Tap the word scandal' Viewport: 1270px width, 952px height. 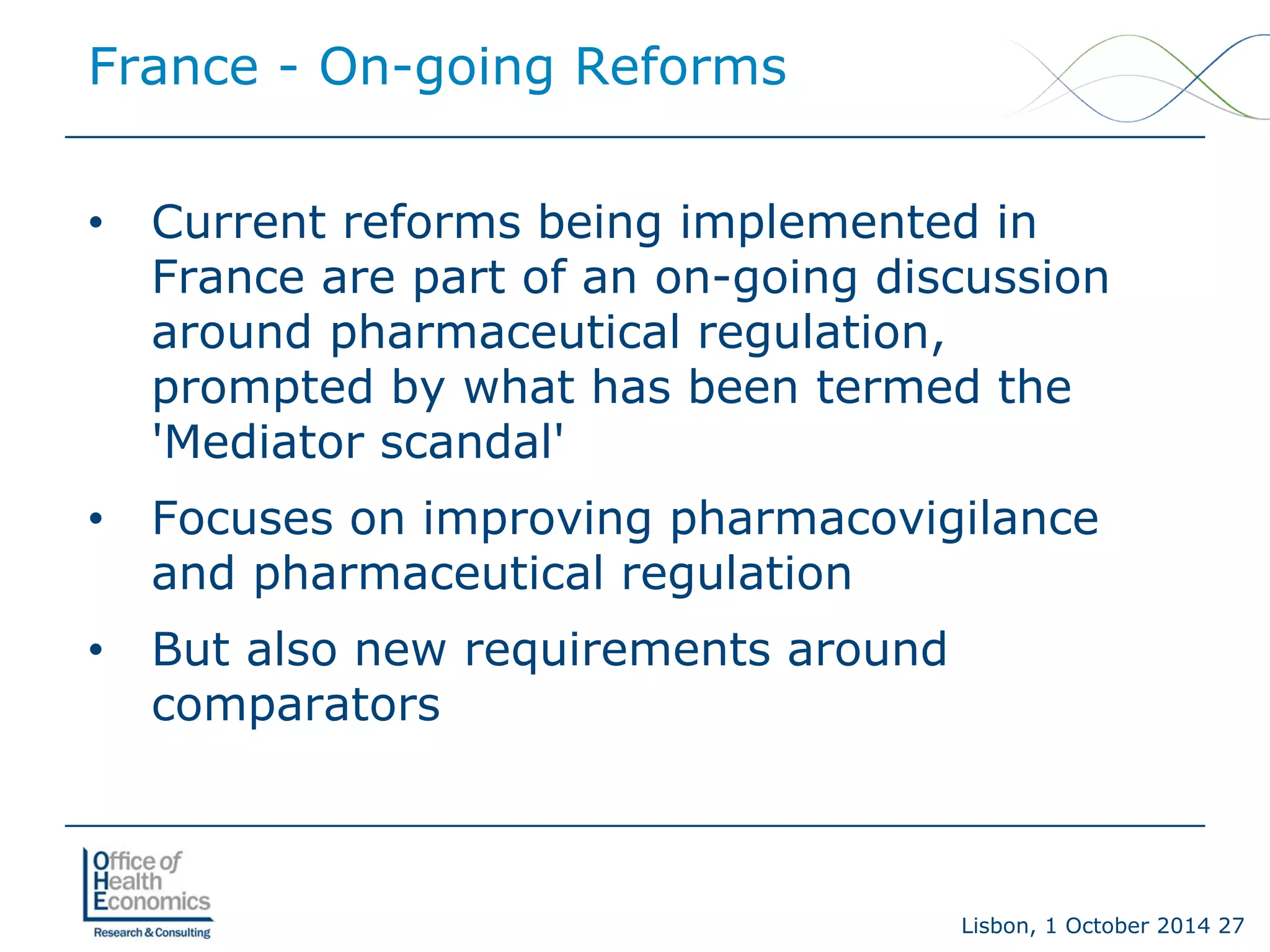[472, 443]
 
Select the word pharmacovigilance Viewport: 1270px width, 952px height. [884, 519]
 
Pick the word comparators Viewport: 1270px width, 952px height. [296, 705]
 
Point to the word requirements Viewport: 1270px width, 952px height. [617, 651]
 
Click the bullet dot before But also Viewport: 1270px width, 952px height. [95, 650]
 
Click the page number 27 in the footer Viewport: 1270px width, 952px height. [1231, 925]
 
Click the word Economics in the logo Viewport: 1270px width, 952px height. [153, 901]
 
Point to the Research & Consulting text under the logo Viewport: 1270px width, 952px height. [152, 932]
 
